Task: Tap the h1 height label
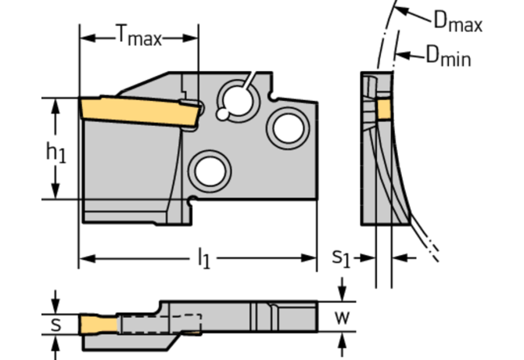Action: [56, 153]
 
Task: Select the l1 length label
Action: [204, 258]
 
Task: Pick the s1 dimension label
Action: [341, 258]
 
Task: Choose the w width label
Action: [343, 318]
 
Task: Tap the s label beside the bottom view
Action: [56, 324]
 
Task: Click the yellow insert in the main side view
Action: [140, 112]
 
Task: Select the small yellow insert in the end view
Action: [384, 109]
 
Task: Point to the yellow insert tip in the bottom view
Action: [99, 324]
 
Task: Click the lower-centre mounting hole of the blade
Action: [210, 171]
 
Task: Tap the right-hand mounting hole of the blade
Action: [288, 128]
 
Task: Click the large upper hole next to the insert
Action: [239, 101]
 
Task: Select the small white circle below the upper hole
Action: [223, 114]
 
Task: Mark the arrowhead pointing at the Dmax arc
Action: [401, 11]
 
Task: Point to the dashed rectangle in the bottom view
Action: [161, 323]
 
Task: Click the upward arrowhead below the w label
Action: [342, 342]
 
